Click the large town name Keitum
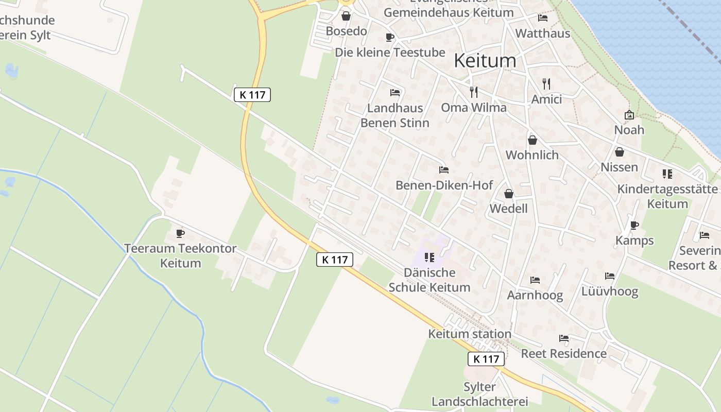(485, 61)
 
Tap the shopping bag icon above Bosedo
(346, 16)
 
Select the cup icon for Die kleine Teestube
(389, 37)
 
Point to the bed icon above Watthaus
(543, 18)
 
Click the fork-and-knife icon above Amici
(546, 83)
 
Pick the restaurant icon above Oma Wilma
(474, 92)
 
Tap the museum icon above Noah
(629, 115)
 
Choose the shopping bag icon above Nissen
(619, 152)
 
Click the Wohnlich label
(532, 155)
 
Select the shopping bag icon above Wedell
(508, 194)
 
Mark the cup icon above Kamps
(634, 225)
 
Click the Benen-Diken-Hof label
(444, 185)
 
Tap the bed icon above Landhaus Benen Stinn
(395, 93)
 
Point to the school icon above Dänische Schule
(429, 257)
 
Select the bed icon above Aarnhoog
(535, 280)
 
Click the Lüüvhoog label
(610, 291)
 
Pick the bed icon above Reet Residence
(564, 338)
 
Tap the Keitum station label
(470, 334)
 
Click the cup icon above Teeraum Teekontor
(180, 233)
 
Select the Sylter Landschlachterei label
(479, 394)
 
